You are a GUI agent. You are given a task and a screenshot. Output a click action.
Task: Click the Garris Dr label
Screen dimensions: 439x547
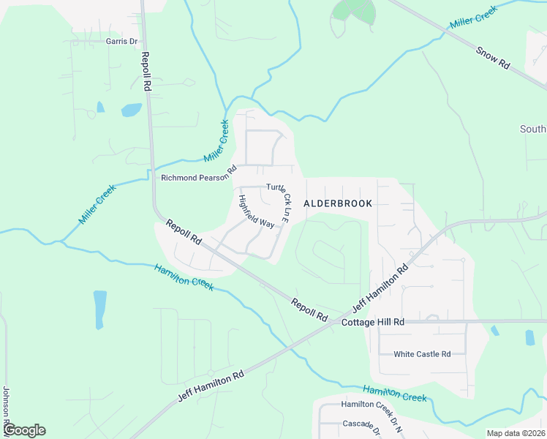point(121,42)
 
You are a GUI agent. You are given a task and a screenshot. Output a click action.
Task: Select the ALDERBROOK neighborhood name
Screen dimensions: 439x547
point(338,203)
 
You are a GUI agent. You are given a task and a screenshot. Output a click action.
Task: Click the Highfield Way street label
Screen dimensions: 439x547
point(256,211)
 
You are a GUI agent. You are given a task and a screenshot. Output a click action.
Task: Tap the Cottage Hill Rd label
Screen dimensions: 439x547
point(373,322)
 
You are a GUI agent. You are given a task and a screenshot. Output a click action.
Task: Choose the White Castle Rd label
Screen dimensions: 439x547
point(422,354)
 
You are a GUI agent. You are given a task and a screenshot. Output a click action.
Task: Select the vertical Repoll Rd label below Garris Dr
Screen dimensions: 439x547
point(146,71)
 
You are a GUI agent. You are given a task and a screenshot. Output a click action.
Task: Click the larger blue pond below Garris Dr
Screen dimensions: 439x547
point(131,110)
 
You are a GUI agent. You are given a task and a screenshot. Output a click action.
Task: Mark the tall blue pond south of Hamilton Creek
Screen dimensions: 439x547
point(99,309)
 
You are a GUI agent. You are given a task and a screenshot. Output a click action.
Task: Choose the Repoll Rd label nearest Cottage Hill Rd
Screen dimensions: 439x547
point(309,309)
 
